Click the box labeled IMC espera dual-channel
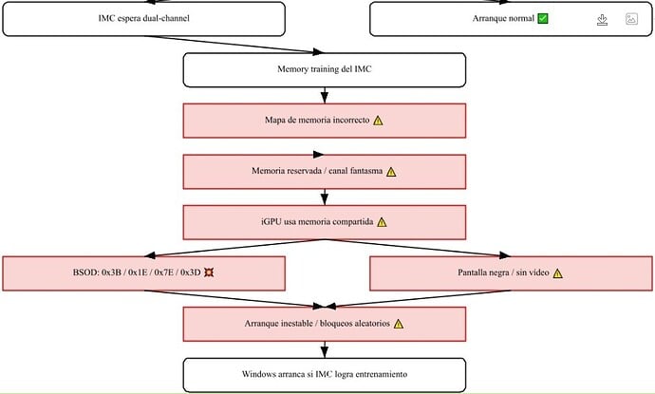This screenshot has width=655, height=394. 143,19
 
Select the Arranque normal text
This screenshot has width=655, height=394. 503,18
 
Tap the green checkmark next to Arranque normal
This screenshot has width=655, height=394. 543,18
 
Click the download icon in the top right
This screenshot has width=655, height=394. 602,20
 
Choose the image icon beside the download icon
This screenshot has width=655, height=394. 631,19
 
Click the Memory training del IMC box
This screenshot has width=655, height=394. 324,69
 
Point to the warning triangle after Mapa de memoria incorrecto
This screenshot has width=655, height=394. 378,121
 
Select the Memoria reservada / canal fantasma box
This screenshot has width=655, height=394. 324,172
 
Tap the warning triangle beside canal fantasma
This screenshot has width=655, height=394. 391,172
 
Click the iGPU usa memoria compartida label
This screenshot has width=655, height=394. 317,222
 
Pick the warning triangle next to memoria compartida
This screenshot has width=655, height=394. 382,222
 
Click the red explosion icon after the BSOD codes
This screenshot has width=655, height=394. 209,272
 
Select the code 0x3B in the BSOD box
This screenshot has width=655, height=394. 111,272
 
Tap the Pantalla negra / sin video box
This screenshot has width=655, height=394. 511,273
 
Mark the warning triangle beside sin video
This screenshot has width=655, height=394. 557,273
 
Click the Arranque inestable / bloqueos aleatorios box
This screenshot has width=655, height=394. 324,325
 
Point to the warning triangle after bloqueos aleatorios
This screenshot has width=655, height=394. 399,325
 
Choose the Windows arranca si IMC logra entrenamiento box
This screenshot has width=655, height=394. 324,375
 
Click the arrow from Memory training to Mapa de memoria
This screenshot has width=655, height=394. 324,95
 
